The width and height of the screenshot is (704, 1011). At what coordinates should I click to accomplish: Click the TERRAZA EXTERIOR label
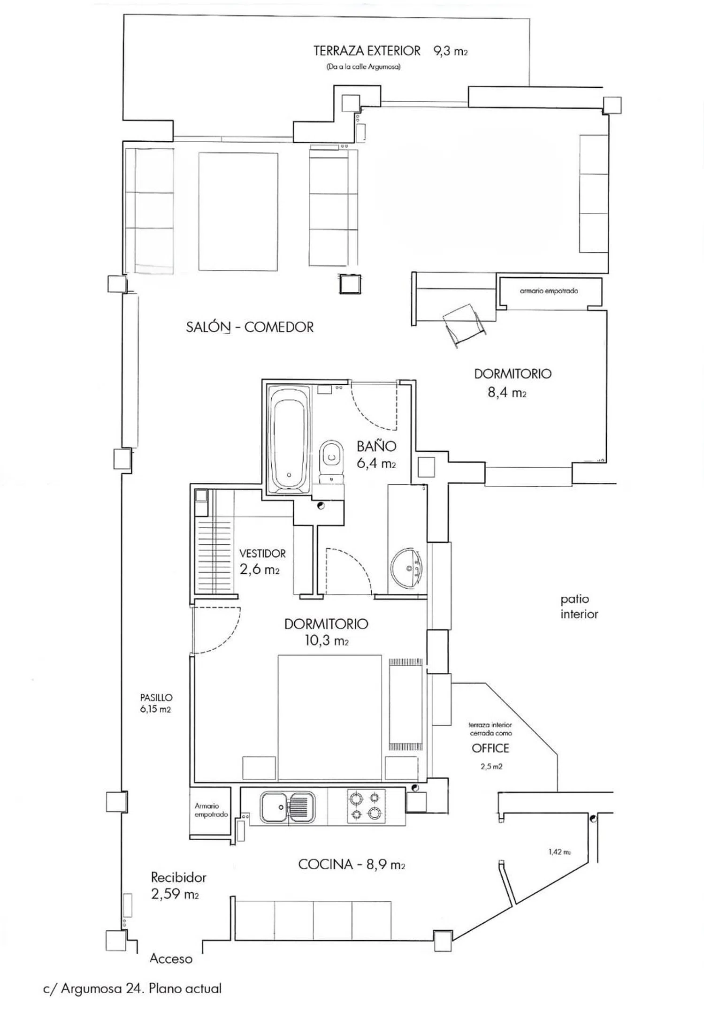tap(367, 51)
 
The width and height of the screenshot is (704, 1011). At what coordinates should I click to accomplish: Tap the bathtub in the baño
tap(289, 439)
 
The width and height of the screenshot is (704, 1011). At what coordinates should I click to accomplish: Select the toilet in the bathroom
tap(332, 461)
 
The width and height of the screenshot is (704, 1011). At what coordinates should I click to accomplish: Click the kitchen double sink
tap(288, 806)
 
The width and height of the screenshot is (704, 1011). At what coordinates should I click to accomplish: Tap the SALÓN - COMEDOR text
tap(250, 327)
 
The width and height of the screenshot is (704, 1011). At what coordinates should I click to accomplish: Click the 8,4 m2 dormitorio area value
tap(507, 392)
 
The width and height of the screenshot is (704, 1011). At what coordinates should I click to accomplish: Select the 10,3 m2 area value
tap(327, 640)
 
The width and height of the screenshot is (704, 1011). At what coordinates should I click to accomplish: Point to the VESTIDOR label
tap(262, 554)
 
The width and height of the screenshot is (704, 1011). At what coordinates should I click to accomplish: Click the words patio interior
tap(579, 607)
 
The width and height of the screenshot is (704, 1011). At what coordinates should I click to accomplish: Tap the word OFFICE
tap(490, 748)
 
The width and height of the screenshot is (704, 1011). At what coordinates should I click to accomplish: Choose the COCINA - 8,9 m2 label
tap(352, 864)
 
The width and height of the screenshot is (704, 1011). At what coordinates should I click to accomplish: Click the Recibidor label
tap(178, 877)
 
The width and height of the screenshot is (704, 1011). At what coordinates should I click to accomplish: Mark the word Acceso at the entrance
tap(171, 959)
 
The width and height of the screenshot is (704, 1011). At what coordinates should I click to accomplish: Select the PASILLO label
tap(156, 698)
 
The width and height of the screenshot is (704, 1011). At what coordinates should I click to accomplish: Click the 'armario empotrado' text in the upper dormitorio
tap(549, 291)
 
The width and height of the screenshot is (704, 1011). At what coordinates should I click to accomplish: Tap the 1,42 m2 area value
tap(559, 852)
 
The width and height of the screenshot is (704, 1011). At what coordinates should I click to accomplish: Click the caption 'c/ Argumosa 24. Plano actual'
tap(132, 988)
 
